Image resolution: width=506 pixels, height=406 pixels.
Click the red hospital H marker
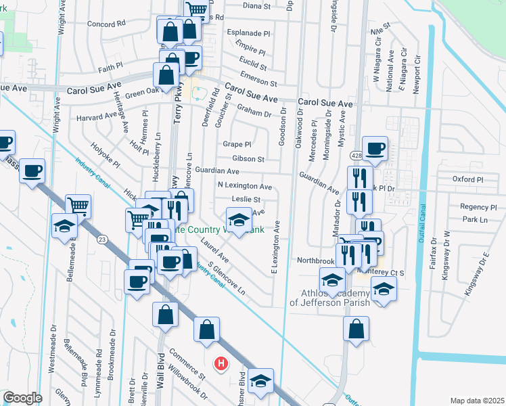coord(220,364)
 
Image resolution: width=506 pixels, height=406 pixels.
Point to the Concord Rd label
coord(107,23)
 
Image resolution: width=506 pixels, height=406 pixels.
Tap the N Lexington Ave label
coord(244,185)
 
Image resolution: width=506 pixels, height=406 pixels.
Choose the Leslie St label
coord(248,200)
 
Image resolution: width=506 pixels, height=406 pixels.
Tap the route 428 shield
coord(356,156)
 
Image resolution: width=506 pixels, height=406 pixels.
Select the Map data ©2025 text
coord(476,401)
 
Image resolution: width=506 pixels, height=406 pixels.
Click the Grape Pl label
coord(237,144)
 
